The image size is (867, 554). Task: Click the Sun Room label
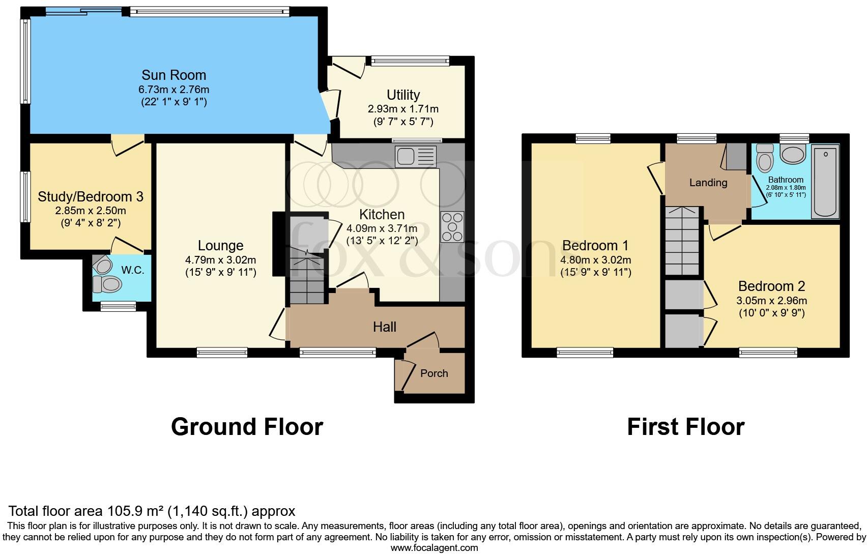174,75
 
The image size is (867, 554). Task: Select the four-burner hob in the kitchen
452,227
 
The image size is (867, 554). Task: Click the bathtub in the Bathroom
825,181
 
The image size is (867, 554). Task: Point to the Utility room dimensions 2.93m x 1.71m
403,109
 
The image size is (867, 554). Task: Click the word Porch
434,373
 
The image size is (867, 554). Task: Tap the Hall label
384,327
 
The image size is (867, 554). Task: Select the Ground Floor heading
247,427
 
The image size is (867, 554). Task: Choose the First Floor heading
685,427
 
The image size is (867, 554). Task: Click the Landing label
708,183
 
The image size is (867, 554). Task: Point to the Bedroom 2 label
771,286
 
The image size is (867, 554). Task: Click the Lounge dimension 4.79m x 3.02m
220,260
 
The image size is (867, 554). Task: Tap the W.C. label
133,270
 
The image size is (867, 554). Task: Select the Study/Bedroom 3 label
91,197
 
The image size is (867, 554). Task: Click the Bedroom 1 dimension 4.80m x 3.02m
595,260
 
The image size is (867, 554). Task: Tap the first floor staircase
682,241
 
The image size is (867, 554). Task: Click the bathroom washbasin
792,154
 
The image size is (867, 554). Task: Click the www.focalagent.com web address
434,548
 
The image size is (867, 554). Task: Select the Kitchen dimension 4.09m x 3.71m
382,229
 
